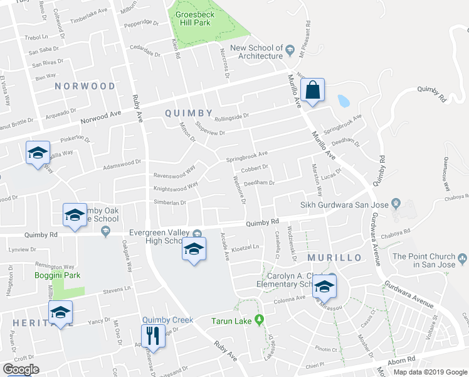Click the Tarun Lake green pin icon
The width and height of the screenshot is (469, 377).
[258, 321]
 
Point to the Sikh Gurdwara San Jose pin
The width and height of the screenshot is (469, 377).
[396, 203]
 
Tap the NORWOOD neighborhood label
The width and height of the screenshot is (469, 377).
[85, 86]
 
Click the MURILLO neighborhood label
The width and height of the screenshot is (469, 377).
[334, 258]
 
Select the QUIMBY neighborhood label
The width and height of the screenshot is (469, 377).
[188, 113]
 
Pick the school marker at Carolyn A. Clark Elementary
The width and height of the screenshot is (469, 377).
[324, 286]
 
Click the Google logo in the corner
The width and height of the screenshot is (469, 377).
[21, 369]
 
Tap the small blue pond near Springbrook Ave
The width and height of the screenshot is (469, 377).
[343, 101]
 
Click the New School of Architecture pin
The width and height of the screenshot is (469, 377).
[290, 49]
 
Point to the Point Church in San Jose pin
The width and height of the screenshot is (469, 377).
[463, 256]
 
